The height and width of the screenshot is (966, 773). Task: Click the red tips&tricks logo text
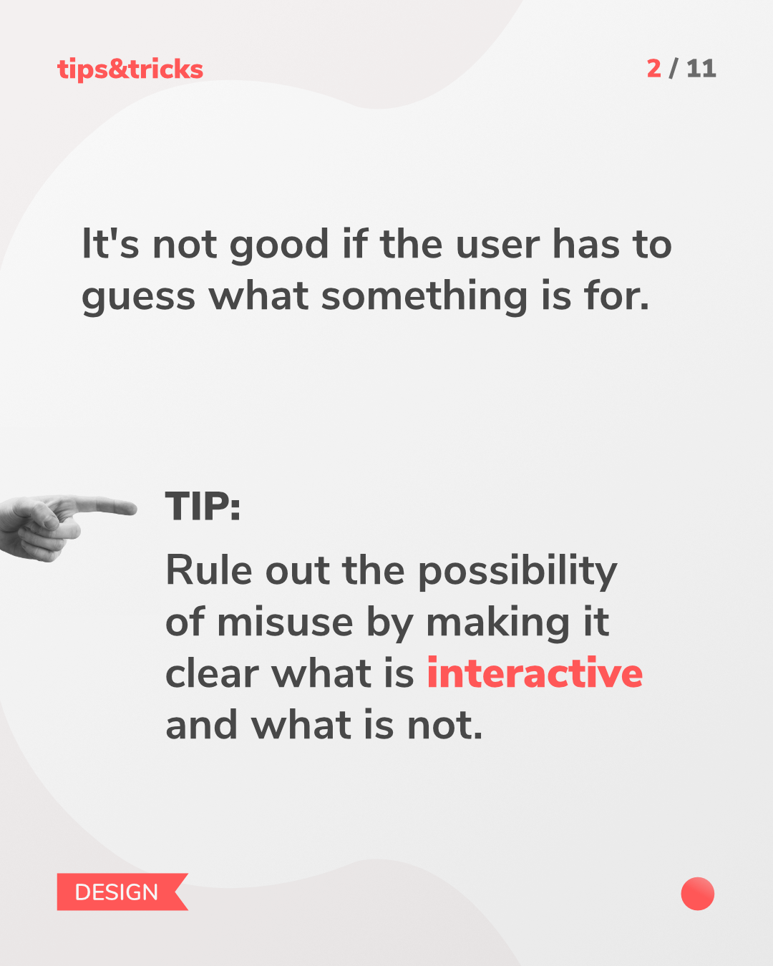tap(130, 69)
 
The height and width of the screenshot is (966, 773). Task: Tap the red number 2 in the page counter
tap(654, 69)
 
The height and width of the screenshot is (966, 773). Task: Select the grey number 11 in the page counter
tap(701, 69)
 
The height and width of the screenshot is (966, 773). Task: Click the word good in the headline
tap(279, 246)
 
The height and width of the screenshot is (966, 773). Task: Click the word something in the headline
tap(424, 297)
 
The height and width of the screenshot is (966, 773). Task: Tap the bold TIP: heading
tap(203, 506)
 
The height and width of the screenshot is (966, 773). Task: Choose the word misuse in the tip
tap(285, 623)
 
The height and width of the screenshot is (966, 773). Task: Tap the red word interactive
tap(535, 673)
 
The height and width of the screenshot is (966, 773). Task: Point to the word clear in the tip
tap(213, 673)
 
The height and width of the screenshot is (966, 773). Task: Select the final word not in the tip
tap(444, 726)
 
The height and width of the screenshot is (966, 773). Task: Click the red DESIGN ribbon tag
tap(122, 892)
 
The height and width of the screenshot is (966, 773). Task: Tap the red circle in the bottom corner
tap(698, 894)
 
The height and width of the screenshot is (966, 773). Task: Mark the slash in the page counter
tap(674, 69)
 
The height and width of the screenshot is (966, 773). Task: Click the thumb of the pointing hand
tap(45, 514)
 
